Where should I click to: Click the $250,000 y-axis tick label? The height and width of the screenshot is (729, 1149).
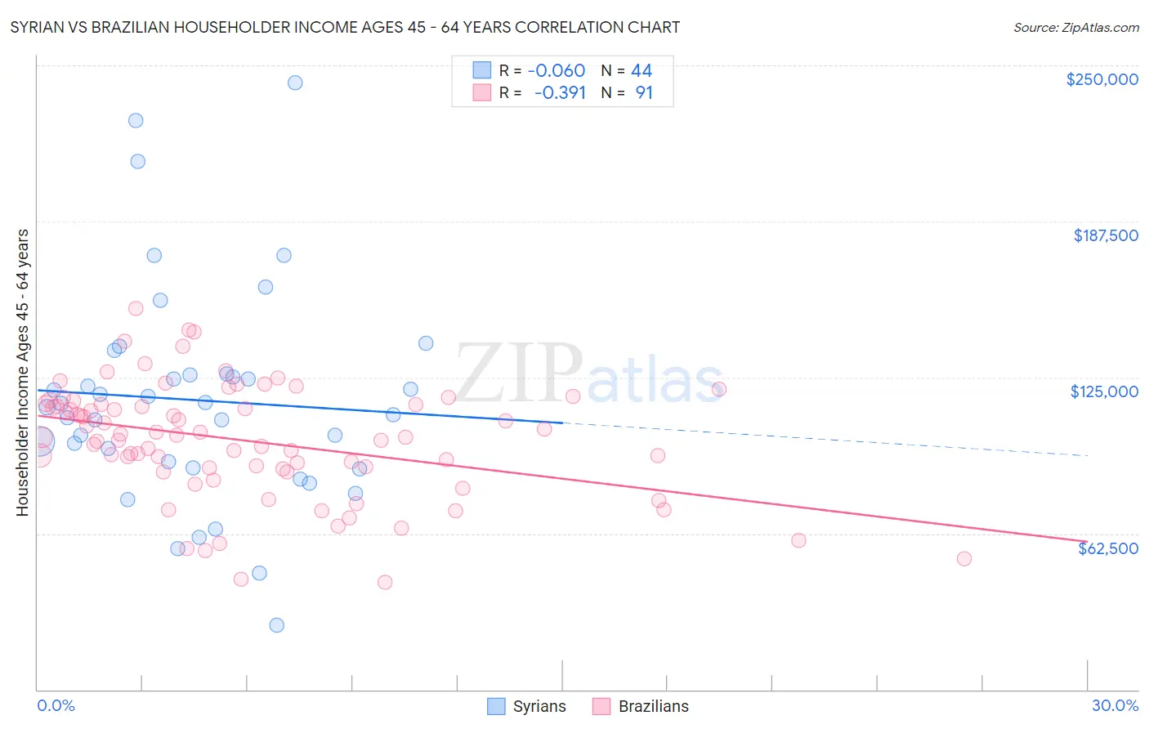(1102, 79)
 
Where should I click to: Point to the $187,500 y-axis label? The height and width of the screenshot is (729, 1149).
(1105, 235)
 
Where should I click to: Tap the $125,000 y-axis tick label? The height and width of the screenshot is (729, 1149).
(1104, 391)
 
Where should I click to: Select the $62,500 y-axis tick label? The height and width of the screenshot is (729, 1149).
(1107, 548)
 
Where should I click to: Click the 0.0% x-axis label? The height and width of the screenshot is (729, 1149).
(56, 705)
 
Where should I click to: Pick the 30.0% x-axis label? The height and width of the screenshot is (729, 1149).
(1115, 705)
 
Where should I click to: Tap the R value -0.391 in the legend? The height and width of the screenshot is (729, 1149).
(560, 92)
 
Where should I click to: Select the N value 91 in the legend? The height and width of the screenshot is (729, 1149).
(644, 92)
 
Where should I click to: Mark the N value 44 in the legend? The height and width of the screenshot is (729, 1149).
(642, 70)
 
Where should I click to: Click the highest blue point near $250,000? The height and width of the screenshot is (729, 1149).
(295, 83)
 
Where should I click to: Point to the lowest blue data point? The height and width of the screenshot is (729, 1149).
(277, 625)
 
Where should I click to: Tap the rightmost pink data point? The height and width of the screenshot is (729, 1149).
(964, 559)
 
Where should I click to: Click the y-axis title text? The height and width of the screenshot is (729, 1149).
(22, 373)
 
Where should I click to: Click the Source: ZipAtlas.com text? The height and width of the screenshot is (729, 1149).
(1075, 28)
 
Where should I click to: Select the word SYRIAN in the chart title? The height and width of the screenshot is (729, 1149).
(40, 28)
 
